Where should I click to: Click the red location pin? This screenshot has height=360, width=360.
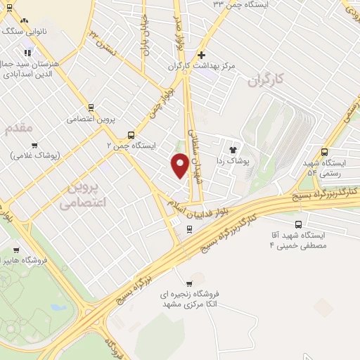(x=179, y=165)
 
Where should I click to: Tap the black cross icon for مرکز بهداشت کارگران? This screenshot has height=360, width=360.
(x=202, y=55)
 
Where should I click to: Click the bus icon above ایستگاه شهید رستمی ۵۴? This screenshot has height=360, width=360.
(x=324, y=151)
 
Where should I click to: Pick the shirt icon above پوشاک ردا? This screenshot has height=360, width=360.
(x=233, y=149)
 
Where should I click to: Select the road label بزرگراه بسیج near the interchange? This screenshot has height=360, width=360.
(x=134, y=288)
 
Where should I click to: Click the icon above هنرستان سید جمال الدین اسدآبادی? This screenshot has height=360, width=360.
(x=27, y=53)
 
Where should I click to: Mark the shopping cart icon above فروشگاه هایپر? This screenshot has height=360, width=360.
(x=15, y=250)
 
